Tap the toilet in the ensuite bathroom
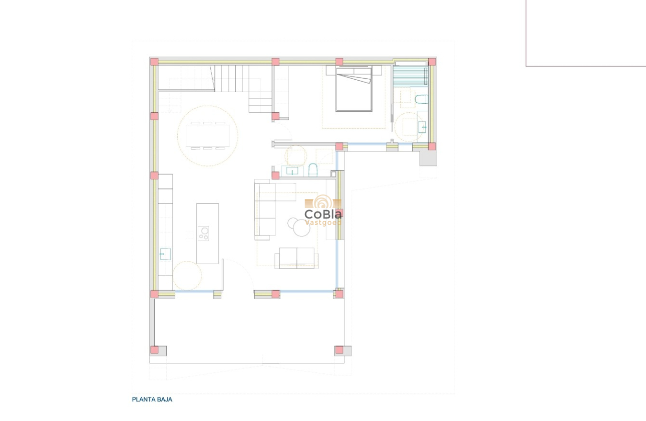pyautogui.click(x=421, y=99)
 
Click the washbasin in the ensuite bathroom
pyautogui.click(x=422, y=127)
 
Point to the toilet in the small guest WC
pyautogui.click(x=313, y=170)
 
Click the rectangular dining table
pyautogui.click(x=207, y=136)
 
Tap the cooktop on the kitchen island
pyautogui.click(x=204, y=233)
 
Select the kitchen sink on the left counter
pyautogui.click(x=165, y=254)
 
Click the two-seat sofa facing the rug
pyautogui.click(x=296, y=258)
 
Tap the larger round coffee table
pyautogui.click(x=302, y=228)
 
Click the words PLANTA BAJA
pyautogui.click(x=152, y=399)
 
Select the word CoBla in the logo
pyautogui.click(x=323, y=215)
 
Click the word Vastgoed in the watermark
pyautogui.click(x=323, y=223)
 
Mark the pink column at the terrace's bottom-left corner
pyautogui.click(x=155, y=350)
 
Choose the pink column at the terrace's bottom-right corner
pyautogui.click(x=339, y=350)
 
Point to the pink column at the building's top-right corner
pyautogui.click(x=432, y=62)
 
